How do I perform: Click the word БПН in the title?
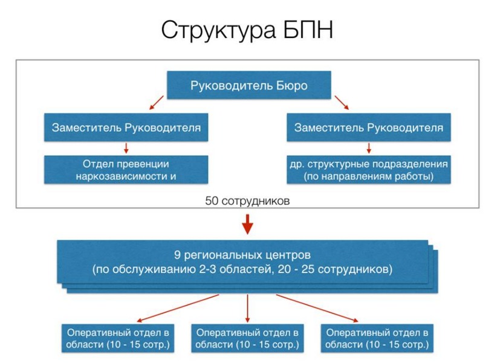pos(308,30)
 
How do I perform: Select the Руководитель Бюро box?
pos(248,85)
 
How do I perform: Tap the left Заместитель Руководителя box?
pos(126,127)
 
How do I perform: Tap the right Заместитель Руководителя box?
pos(369,127)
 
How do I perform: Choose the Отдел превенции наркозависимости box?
pos(126,170)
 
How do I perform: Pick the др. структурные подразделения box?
pos(369,170)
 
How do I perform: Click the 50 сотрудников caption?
pos(247,201)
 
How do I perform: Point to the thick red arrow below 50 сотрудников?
pos(247,224)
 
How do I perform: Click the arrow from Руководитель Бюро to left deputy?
pos(157,103)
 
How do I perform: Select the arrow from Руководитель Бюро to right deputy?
pos(342,103)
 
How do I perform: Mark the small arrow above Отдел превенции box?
pos(126,148)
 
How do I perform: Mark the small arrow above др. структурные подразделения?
pos(369,148)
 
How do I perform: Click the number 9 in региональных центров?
pos(177,255)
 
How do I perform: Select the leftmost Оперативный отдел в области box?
pos(118,338)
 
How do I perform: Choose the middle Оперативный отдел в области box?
pos(247,338)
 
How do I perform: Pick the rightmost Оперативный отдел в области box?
pos(377,338)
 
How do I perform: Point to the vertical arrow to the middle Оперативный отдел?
pos(247,308)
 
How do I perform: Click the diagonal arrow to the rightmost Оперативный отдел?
pos(317,308)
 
